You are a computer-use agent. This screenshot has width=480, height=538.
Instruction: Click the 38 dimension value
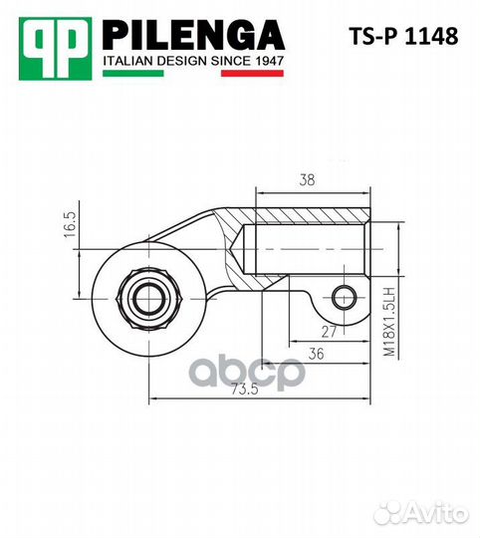(308, 180)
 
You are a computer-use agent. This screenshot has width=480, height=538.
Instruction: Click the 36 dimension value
(315, 354)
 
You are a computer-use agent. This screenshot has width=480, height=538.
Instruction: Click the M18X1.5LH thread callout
(390, 318)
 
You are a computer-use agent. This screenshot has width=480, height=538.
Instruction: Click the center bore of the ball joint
(147, 294)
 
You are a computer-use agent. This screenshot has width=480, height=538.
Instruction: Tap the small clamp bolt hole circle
(345, 295)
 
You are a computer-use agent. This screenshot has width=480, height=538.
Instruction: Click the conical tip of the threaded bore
(240, 247)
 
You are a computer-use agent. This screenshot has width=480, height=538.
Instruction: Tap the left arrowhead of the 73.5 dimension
(152, 400)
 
